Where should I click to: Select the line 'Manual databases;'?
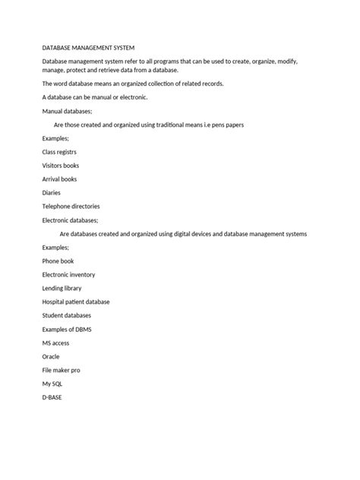pos(67,111)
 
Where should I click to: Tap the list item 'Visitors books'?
pos(61,166)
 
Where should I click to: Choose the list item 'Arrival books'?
pos(59,179)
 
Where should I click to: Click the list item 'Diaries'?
pos(52,193)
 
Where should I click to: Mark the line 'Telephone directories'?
pos(71,206)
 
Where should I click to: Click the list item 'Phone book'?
pos(58,261)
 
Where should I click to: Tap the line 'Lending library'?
pos(62,289)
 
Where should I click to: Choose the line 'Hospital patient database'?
pos(76,302)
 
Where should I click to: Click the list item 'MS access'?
pos(55,343)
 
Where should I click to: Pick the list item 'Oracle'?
pos(51,357)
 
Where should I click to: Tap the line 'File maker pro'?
pos(61,371)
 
